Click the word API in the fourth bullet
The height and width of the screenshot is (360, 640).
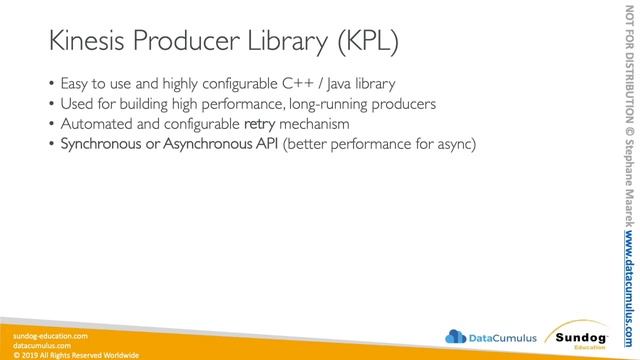[x=265, y=146]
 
